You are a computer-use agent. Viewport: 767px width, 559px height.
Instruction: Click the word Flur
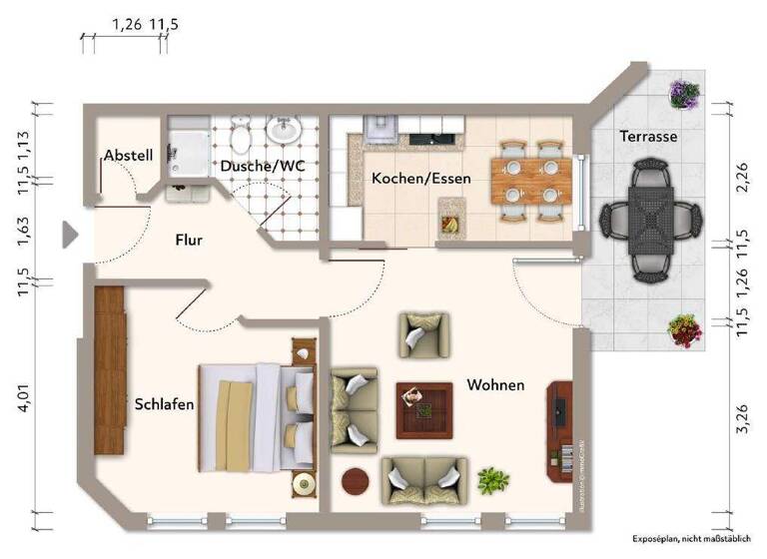(189, 240)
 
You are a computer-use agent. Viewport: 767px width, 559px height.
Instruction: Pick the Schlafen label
(164, 404)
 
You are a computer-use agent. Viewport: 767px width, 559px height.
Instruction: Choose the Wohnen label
(495, 384)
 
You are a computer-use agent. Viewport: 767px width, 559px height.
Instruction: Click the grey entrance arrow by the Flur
(69, 235)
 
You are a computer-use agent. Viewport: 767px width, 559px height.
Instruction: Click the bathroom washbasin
(286, 131)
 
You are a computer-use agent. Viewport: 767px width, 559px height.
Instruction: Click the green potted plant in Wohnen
(491, 481)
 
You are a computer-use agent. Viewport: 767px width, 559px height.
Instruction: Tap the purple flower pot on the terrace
(684, 95)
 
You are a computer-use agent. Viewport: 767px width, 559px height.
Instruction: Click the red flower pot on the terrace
(684, 329)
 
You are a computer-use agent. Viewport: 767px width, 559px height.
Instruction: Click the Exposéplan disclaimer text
(690, 538)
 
